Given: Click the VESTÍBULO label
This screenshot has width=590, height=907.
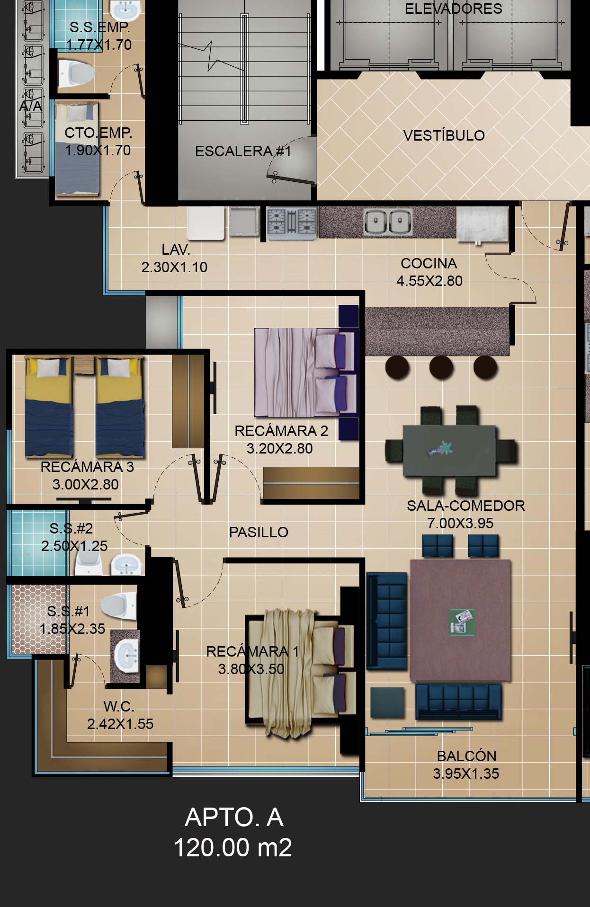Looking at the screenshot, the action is tap(444, 135).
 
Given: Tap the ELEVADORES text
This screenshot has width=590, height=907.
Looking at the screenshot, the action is tap(453, 9).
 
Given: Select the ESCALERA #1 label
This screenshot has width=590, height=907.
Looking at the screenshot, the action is tap(243, 151).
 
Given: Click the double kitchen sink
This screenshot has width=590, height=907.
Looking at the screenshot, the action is tap(388, 222).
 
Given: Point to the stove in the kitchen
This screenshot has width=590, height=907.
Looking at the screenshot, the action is tap(291, 222).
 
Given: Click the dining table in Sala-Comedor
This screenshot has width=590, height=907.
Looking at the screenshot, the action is tap(449, 450).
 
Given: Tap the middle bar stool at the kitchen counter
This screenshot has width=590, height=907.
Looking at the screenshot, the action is tap(441, 367).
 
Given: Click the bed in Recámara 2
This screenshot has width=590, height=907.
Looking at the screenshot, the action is tap(305, 373).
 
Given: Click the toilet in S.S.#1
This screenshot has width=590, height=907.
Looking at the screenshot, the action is tap(118, 605).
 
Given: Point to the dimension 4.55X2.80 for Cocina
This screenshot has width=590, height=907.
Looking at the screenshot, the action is tap(429, 281).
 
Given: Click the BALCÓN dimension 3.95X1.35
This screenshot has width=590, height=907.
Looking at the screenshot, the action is tap(466, 774).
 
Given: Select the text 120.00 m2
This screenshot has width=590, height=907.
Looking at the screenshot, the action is tap(232, 847).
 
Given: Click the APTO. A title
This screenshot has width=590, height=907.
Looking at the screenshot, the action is tap(234, 817).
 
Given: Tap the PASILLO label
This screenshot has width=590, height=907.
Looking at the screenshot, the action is tap(259, 532).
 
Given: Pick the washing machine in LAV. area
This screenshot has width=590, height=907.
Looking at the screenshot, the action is tap(206, 222).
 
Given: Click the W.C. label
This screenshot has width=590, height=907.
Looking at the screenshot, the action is tap(119, 706).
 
